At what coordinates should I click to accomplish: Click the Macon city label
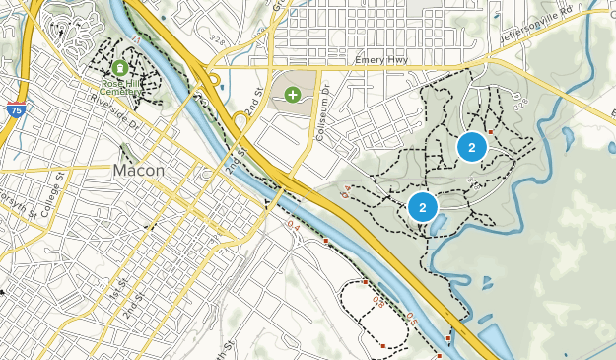[x=139, y=171]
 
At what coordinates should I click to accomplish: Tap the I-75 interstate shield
[x=15, y=109]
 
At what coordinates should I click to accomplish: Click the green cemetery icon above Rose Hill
[x=119, y=67]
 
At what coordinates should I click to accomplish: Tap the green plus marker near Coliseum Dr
[x=293, y=95]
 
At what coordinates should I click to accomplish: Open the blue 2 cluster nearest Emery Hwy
[x=472, y=147]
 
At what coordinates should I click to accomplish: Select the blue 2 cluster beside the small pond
[x=422, y=207]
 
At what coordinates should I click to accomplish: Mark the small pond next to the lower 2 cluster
[x=439, y=224]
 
